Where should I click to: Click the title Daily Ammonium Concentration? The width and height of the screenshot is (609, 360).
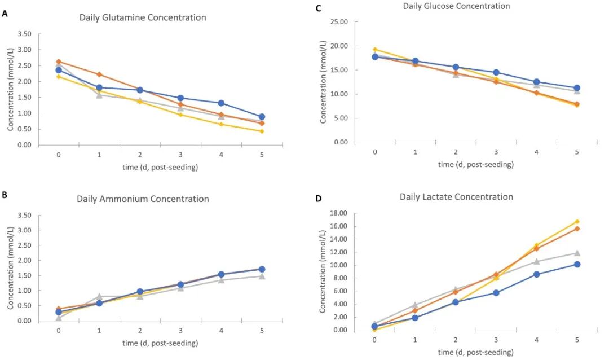point(143,199)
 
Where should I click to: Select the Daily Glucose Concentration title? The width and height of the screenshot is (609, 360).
point(456,6)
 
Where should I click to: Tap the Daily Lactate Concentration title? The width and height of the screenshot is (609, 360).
point(456,197)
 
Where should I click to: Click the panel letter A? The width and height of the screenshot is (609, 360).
point(5,13)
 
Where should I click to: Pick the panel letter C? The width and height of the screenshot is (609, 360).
point(319,8)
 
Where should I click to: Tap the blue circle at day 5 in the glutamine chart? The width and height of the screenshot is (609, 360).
point(262,117)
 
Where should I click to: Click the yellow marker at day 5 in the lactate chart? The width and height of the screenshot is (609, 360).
point(576,222)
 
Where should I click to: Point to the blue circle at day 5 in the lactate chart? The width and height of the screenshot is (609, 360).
point(576,264)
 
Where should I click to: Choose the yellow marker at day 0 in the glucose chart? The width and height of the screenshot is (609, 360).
point(374,49)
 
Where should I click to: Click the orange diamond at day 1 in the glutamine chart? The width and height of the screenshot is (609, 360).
point(99,74)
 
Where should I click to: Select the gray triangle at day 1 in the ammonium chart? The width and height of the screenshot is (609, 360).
point(99,296)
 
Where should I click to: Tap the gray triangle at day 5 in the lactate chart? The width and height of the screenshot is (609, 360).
point(576,253)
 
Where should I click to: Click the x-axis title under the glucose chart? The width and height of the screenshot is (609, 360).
point(476,165)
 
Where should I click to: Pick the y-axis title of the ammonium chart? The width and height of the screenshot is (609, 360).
point(11,268)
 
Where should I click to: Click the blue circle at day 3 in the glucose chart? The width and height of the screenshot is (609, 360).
point(496,72)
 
